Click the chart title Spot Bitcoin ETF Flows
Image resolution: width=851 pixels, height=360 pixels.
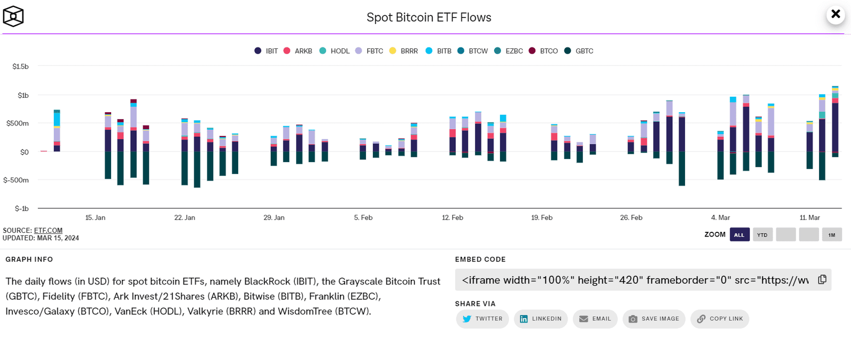pos(429,18)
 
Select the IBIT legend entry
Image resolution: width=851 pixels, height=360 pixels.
pos(266,51)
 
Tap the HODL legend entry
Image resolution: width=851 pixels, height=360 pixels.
pos(335,51)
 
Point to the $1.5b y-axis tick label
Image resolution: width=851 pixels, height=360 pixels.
pos(21,66)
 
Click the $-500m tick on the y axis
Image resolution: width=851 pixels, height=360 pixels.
pos(16,180)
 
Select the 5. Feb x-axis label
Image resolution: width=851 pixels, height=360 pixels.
pos(363,217)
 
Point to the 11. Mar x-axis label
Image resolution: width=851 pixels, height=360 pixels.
pos(810,217)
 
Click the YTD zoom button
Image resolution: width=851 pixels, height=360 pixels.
pos(762,235)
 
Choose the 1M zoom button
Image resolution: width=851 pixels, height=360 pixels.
pos(831,235)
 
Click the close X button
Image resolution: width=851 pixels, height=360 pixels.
pos(836,14)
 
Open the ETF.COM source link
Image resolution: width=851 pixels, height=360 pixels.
pos(48,230)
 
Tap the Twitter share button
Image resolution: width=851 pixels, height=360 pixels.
pos(482,319)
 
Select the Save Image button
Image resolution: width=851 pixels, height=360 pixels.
pos(654,319)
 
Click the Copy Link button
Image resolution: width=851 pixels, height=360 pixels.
pos(720,319)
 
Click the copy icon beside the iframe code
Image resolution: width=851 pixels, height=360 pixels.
pos(822,280)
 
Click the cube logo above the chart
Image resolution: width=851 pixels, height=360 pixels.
pos(13,16)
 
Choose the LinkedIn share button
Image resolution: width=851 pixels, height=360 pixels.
pos(540,319)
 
